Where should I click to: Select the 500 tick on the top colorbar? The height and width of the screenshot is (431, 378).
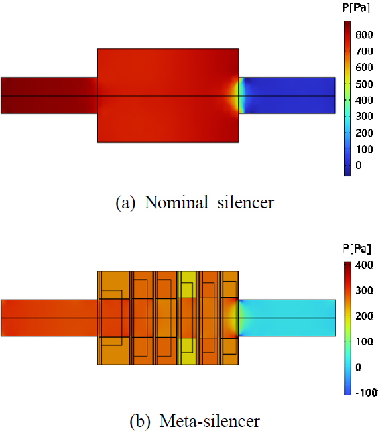(x=363, y=84)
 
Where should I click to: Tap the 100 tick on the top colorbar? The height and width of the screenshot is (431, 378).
(x=363, y=149)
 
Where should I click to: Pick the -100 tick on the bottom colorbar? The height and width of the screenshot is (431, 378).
(x=365, y=393)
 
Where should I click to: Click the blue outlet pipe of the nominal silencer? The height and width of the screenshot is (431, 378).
(x=292, y=95)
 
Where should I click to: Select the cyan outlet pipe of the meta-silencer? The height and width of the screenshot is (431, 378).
(x=292, y=318)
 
